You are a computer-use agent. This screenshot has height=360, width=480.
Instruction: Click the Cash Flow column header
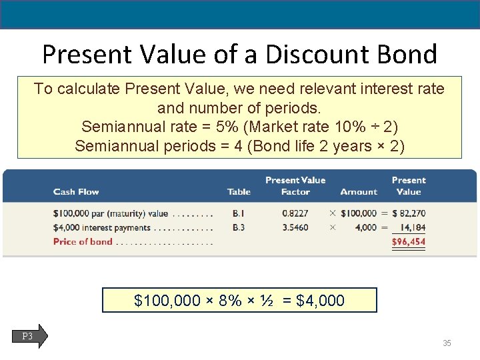pyautogui.click(x=76, y=192)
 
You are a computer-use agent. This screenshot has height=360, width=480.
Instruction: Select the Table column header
pyautogui.click(x=239, y=192)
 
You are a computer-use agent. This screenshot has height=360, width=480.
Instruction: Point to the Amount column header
pyautogui.click(x=359, y=192)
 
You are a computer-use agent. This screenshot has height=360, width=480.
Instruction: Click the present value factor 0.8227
pyautogui.click(x=295, y=214)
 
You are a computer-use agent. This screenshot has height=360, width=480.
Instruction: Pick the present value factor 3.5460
pyautogui.click(x=295, y=227)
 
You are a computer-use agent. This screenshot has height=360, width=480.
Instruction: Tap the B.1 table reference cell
pyautogui.click(x=238, y=214)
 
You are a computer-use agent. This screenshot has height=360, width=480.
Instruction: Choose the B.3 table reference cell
pyautogui.click(x=238, y=227)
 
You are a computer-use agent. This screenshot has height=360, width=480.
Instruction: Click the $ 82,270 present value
pyautogui.click(x=409, y=214)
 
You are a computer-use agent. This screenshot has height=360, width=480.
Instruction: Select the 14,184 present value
pyautogui.click(x=413, y=227)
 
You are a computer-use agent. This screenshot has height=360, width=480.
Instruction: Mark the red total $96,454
pyautogui.click(x=409, y=241)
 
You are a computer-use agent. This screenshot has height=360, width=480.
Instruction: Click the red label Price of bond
pyautogui.click(x=83, y=241)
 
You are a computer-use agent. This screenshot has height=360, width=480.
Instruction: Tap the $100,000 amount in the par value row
pyautogui.click(x=359, y=214)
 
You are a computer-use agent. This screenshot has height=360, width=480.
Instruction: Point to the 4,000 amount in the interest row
pyautogui.click(x=366, y=227)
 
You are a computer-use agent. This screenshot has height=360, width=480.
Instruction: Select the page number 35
pyautogui.click(x=447, y=343)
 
